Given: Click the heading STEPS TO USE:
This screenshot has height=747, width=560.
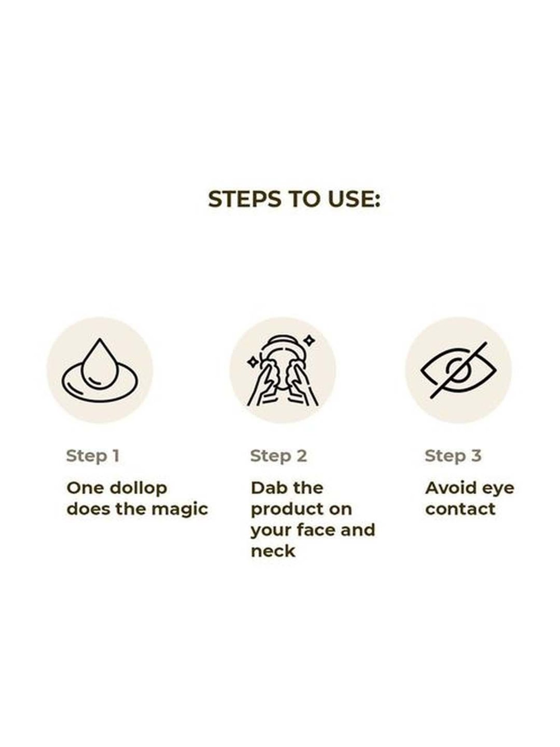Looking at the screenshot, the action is click(x=294, y=199).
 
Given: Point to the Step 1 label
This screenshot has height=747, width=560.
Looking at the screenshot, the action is click(x=93, y=456).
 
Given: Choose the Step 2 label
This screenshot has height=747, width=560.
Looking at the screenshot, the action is click(x=279, y=456).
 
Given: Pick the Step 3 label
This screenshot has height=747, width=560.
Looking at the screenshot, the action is click(x=453, y=456).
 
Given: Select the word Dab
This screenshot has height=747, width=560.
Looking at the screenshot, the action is click(x=265, y=488).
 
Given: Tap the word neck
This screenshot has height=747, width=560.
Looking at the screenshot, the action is click(x=273, y=551).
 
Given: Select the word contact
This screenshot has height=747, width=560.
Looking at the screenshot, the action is click(x=460, y=509).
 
